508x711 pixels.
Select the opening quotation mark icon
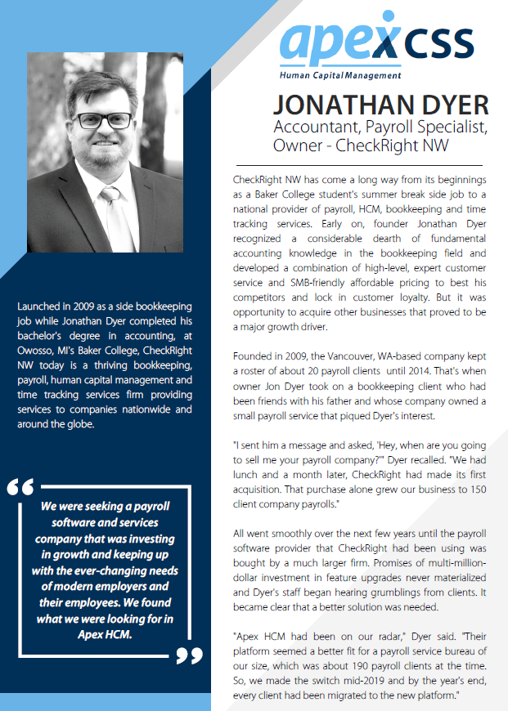(x=20, y=487)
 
